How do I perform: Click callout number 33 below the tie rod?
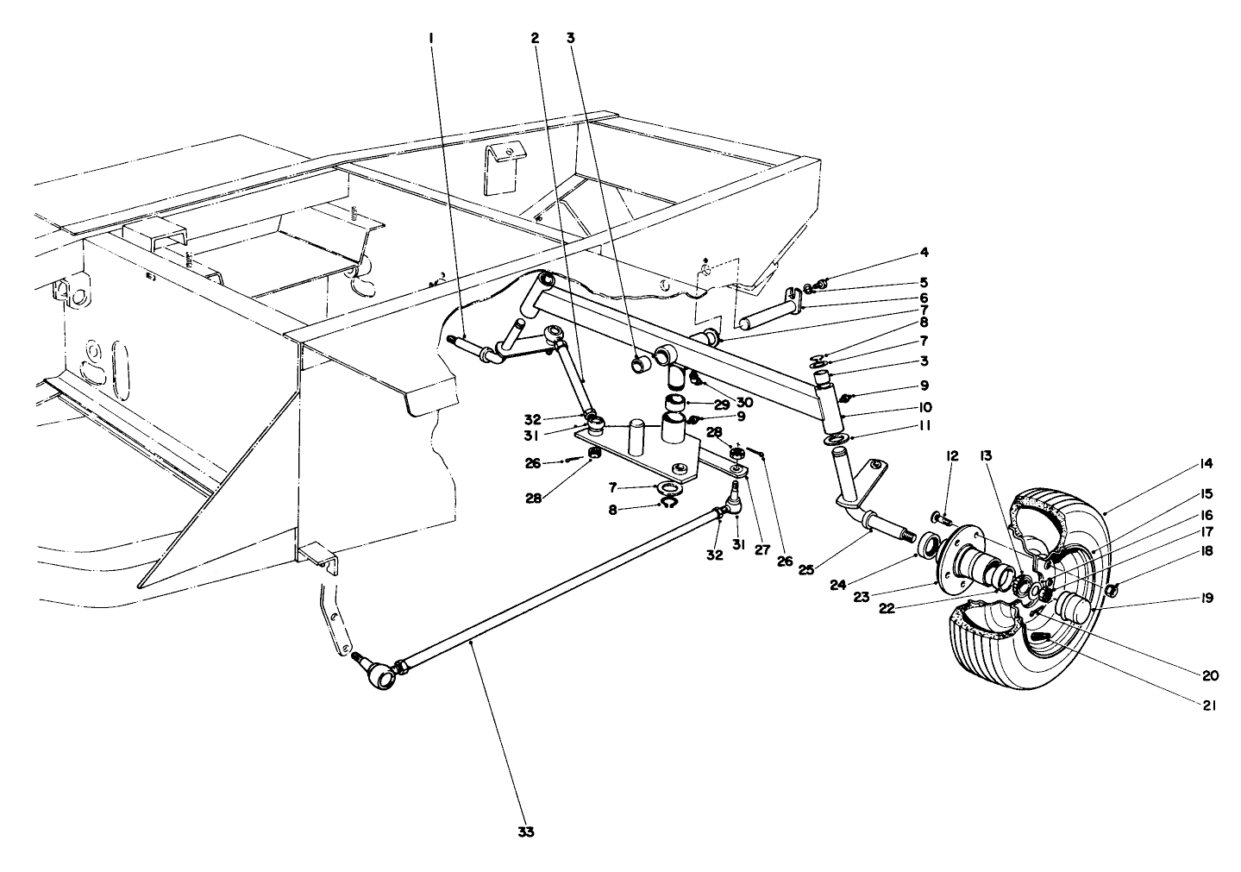click(x=525, y=832)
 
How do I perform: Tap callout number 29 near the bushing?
click(x=721, y=404)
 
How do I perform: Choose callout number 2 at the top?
click(x=536, y=38)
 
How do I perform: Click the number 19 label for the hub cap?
click(x=1206, y=598)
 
